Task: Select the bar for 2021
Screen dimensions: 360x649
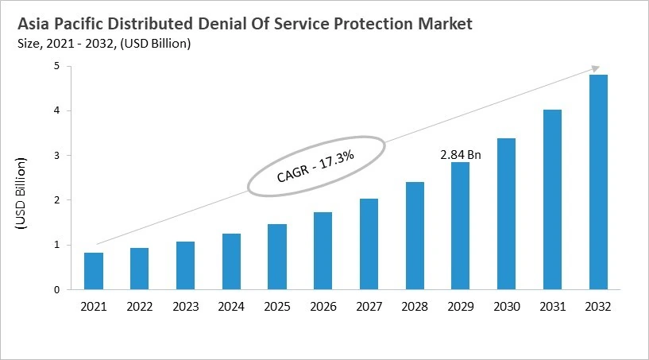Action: tap(94, 271)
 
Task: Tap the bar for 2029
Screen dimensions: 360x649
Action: tap(460, 226)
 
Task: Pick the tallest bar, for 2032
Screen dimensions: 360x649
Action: tap(597, 182)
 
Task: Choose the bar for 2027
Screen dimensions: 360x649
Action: tap(368, 244)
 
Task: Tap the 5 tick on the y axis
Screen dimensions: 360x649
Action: tap(56, 67)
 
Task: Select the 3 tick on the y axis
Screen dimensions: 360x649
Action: tap(56, 156)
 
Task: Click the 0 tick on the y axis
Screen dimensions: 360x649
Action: tap(56, 290)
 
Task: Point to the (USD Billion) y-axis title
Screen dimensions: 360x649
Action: tap(21, 194)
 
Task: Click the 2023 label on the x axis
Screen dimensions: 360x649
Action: tap(185, 305)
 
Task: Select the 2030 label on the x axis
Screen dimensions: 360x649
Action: tap(505, 305)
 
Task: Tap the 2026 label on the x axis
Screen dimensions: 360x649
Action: tap(323, 305)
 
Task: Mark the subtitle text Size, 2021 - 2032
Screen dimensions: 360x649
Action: tap(68, 44)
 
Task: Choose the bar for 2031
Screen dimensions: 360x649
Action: tap(551, 199)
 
